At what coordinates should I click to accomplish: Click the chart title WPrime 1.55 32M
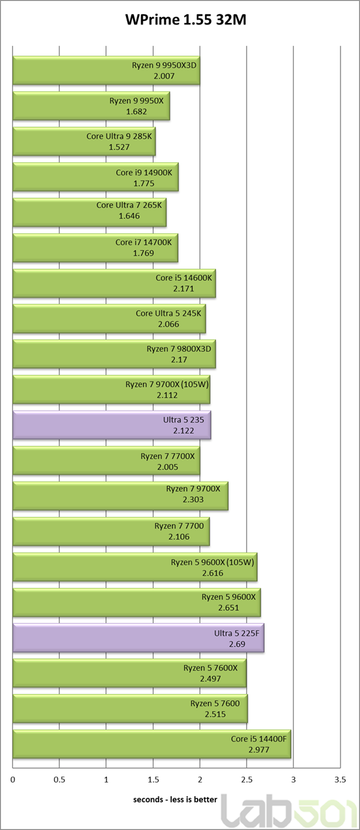pos(185,19)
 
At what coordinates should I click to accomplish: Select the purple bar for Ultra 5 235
pos(112,425)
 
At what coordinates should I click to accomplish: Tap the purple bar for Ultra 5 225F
pos(138,638)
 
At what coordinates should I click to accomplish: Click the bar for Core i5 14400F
pos(152,744)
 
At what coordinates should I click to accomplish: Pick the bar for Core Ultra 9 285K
pos(84,141)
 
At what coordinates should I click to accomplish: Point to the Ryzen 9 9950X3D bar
pos(106,70)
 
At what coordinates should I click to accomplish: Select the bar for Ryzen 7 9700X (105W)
pos(111,390)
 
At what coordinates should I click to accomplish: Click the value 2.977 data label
pos(258,750)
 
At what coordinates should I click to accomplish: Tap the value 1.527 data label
pos(119,147)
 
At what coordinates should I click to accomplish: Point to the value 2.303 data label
pos(193,499)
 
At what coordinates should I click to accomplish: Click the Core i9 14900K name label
pos(144,172)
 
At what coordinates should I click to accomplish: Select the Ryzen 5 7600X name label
pos(210,668)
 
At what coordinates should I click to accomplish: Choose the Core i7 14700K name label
pos(143,242)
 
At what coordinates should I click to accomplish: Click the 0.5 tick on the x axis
pos(60,780)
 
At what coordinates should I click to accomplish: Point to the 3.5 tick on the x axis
pos(340,780)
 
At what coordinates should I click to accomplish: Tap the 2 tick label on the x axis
pos(200,780)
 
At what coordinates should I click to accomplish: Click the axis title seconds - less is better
pos(175,800)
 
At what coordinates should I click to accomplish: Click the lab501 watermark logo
pos(289,812)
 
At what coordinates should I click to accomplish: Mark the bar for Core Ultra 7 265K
pos(89,212)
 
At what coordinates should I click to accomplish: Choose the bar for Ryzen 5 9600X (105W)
pos(135,567)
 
